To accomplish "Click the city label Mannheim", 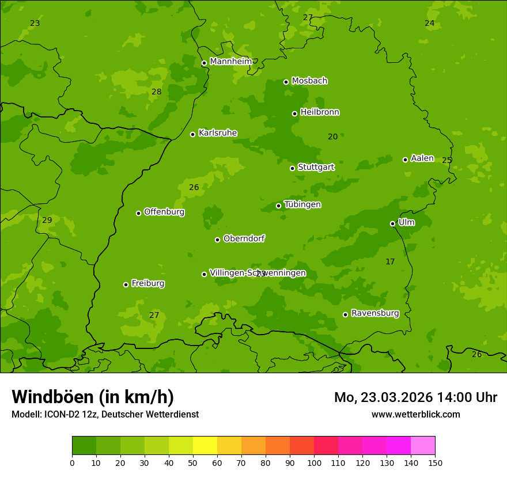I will point(230,62).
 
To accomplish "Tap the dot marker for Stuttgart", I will point(292,168).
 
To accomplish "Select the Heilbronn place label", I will point(320,112).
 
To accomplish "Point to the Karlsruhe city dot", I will point(192,134).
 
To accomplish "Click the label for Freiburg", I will point(147,283).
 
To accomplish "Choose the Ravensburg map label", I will point(375,313).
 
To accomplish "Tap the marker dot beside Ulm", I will point(392,223).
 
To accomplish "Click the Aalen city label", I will point(422,158).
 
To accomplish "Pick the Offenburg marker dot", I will point(138,213).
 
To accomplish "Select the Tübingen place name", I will point(302,204).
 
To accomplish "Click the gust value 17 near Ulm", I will point(390,261).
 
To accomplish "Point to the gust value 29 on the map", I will point(47,220).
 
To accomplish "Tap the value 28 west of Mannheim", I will point(156,92).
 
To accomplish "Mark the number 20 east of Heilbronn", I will point(332,136).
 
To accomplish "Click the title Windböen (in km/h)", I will point(93,397).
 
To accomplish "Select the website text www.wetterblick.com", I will point(415,414).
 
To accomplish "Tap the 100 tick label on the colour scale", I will point(314,462).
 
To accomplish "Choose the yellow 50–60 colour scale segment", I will point(205,446).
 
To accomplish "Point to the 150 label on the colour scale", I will point(435,462).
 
